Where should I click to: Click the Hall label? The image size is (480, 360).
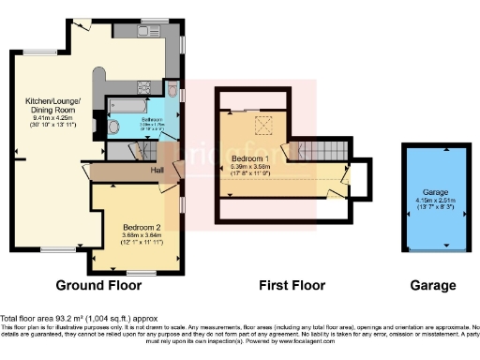point(160,171)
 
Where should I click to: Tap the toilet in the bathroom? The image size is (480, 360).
point(173,90)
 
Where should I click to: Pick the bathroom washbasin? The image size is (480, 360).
point(114,126)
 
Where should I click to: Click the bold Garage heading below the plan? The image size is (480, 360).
point(432,285)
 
